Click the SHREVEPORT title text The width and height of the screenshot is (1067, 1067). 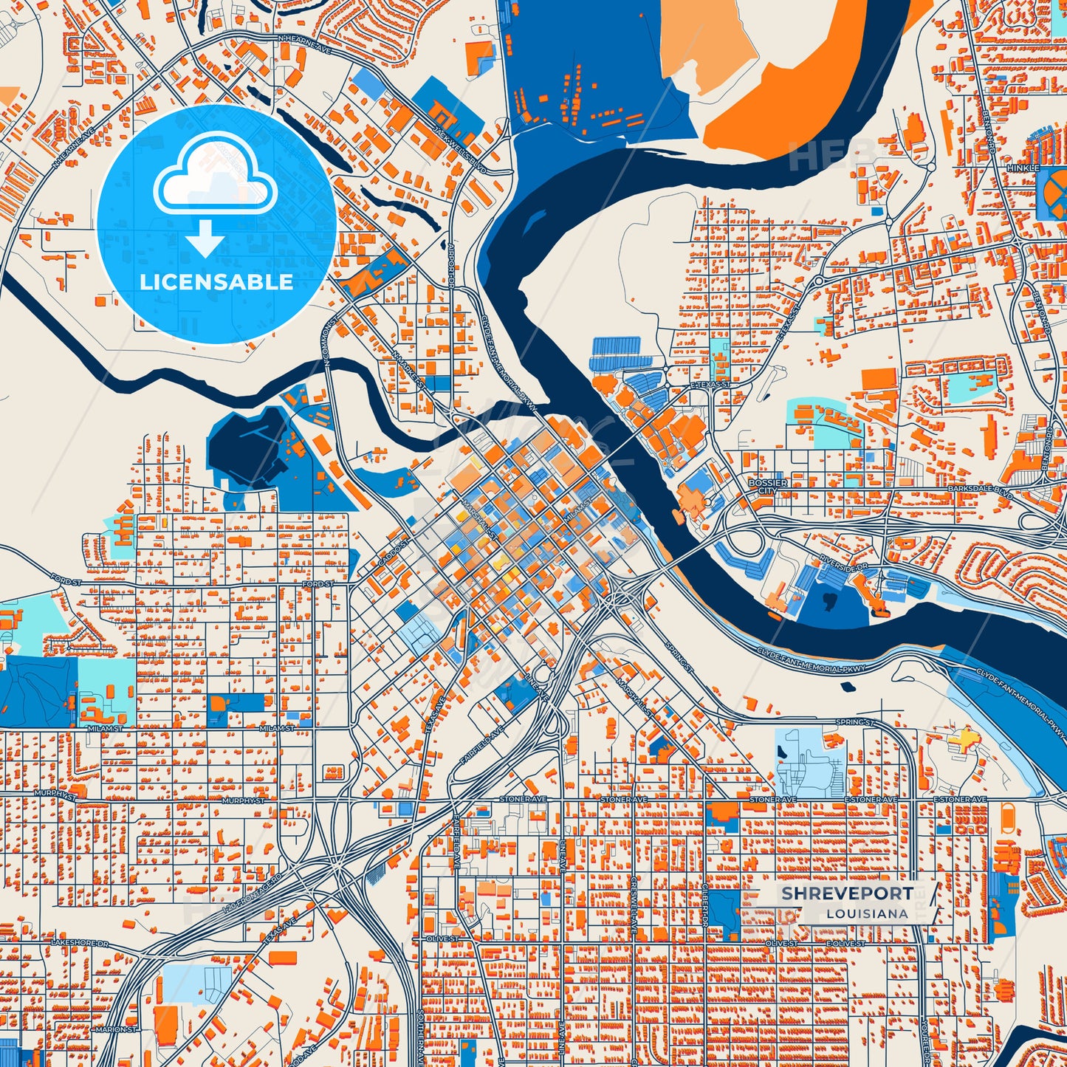846,893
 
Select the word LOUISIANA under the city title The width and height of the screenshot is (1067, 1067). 867,913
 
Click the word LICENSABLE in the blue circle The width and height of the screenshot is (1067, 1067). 216,282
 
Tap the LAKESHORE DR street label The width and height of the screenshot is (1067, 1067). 79,944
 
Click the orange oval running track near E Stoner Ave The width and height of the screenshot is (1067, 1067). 1009,817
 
